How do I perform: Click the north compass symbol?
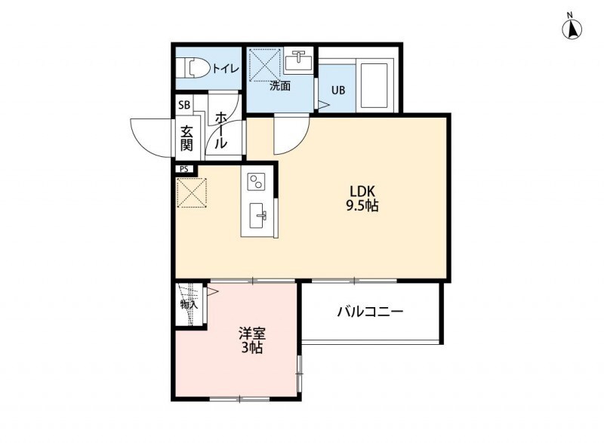tap(573, 28)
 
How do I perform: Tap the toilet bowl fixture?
tap(194, 68)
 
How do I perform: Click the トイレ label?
tap(225, 69)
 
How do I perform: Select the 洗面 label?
tap(280, 86)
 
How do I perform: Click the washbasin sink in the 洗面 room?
tap(300, 58)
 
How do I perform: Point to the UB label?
tap(339, 90)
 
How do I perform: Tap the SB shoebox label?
tap(185, 106)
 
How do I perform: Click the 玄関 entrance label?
tap(186, 137)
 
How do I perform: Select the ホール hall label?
tap(222, 131)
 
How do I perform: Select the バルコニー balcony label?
tap(370, 311)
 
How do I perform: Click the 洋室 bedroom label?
tap(251, 333)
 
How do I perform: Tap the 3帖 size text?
tap(251, 348)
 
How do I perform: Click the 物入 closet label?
tap(188, 305)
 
